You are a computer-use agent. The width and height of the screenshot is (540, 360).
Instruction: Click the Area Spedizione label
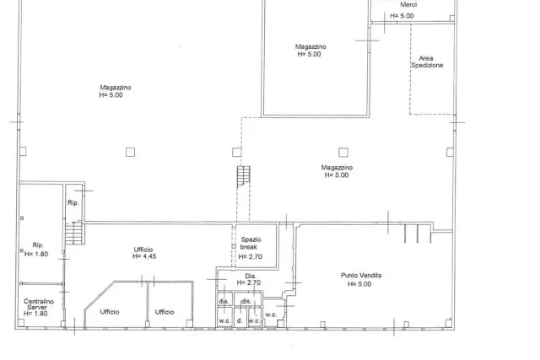tap(427, 62)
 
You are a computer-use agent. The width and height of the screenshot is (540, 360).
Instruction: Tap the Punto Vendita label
tap(361, 276)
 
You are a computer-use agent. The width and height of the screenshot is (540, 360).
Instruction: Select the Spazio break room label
tap(251, 243)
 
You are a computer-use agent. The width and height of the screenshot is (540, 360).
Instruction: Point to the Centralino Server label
tap(39, 304)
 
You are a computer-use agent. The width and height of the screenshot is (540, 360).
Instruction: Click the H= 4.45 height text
tap(144, 256)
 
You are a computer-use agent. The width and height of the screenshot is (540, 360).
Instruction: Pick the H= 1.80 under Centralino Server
tap(35, 314)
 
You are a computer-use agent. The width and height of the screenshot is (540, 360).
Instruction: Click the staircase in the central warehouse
tap(244, 175)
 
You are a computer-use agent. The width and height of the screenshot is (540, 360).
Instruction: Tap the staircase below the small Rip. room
tap(74, 233)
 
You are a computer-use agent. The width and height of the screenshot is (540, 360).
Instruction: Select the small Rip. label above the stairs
tap(73, 203)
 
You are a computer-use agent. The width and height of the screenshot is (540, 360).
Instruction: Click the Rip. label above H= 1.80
tap(38, 245)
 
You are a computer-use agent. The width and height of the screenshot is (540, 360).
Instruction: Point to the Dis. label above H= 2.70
tap(251, 276)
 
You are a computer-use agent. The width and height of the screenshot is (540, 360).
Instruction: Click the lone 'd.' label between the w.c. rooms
tap(240, 320)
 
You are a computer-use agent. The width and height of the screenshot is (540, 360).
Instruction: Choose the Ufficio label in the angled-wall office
tap(110, 312)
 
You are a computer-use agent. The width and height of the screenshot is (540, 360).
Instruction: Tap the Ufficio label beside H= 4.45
tap(143, 250)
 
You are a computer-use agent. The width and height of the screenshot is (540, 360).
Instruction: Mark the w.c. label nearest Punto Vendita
tap(271, 314)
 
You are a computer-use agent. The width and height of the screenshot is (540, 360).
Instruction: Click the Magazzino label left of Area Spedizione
tap(310, 46)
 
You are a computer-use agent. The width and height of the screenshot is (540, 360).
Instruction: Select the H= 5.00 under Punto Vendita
tap(359, 284)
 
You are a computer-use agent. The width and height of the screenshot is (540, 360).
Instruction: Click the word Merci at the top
tap(408, 4)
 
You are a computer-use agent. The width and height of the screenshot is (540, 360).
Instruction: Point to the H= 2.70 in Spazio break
tap(251, 257)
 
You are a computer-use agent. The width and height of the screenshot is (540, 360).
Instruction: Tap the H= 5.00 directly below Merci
tap(402, 16)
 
